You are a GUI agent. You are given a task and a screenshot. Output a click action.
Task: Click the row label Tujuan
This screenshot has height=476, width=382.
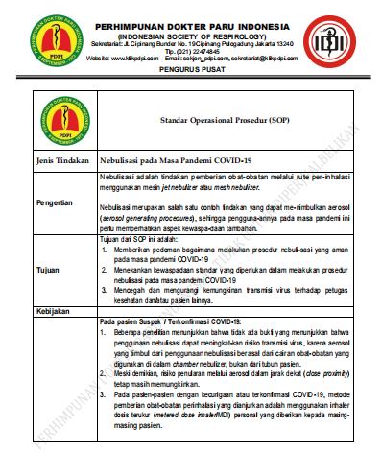pos(48,271)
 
